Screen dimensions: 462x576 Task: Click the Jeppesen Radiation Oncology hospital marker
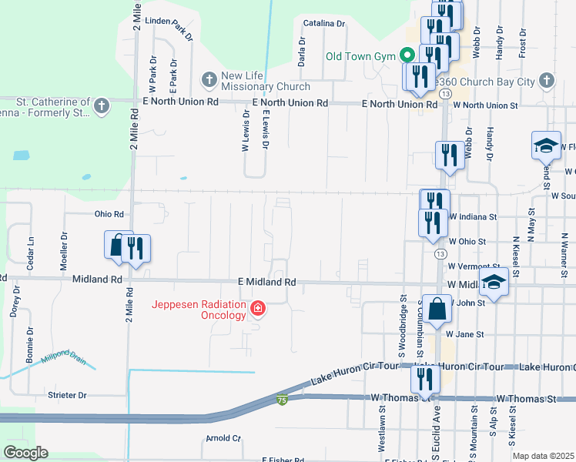pyautogui.click(x=258, y=310)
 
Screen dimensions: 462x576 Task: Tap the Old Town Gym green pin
pyautogui.click(x=407, y=56)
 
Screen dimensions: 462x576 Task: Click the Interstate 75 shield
pyautogui.click(x=282, y=400)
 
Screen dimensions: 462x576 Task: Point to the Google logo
pyautogui.click(x=25, y=453)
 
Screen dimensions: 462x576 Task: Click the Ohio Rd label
pyautogui.click(x=109, y=214)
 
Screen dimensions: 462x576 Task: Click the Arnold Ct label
pyautogui.click(x=223, y=438)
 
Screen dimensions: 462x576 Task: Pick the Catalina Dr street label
pyautogui.click(x=323, y=24)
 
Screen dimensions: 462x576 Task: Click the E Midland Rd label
pyautogui.click(x=266, y=283)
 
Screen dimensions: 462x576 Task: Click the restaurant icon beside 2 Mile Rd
pyautogui.click(x=136, y=248)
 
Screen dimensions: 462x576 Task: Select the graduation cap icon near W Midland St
pyautogui.click(x=494, y=283)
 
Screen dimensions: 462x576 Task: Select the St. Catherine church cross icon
pyautogui.click(x=102, y=106)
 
